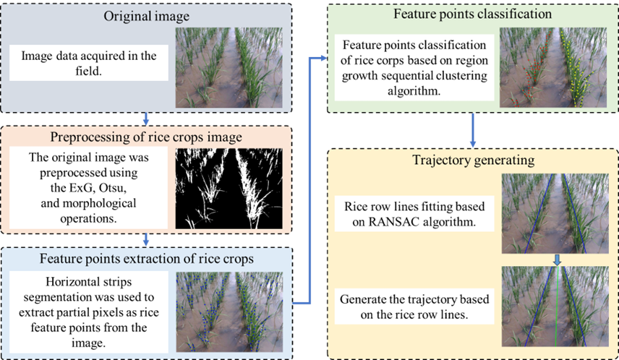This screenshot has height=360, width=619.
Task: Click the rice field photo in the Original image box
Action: tap(231, 67)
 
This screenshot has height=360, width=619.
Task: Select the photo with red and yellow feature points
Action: tap(553, 69)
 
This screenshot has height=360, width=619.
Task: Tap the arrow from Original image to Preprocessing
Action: tap(148, 119)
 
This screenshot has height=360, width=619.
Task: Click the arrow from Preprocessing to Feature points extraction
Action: tap(148, 239)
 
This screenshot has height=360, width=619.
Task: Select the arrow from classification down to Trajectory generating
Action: tap(473, 131)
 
